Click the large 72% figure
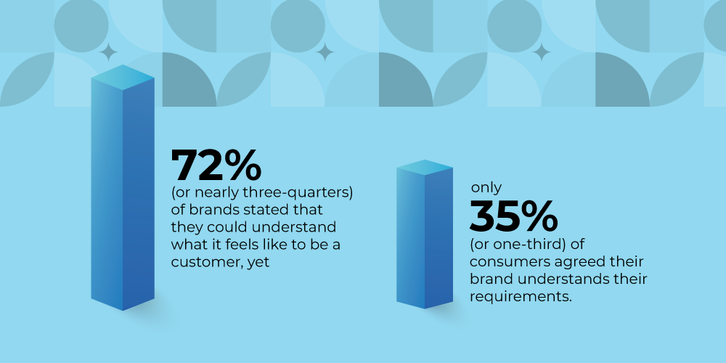point(216,166)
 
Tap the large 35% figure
point(514,216)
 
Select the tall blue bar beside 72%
point(123,187)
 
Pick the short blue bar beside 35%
point(425,234)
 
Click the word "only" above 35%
point(486,187)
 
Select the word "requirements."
point(521,297)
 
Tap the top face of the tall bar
point(123,78)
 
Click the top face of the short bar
point(425,168)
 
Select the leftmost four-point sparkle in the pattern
point(108,52)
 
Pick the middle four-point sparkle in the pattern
point(325,52)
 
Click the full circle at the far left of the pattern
point(81,25)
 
